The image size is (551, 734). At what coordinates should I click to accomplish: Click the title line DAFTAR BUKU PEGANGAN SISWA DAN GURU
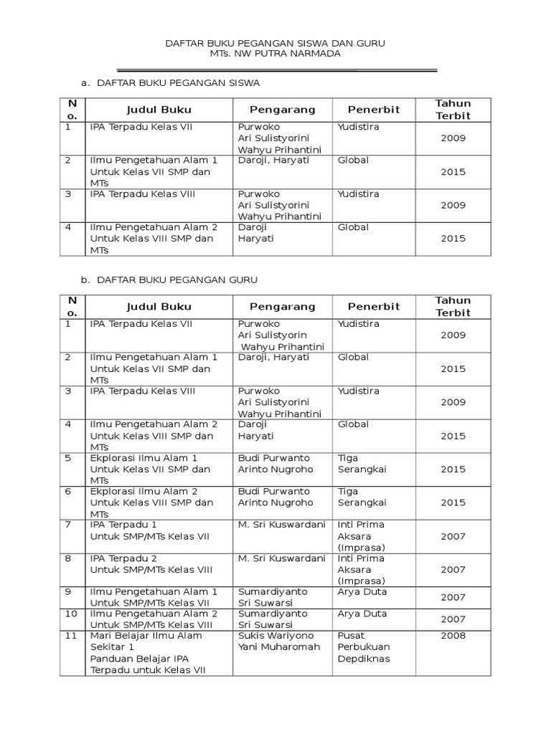point(275,44)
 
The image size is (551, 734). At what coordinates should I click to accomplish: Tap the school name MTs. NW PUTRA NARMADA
point(275,54)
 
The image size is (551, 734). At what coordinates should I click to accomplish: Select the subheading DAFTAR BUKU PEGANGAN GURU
point(176,279)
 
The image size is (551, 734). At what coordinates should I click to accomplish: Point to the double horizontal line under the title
point(276,70)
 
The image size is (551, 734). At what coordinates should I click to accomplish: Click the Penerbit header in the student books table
point(373,110)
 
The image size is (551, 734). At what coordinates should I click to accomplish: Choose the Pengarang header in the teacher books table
point(282,307)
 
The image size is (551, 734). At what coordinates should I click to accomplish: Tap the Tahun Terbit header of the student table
point(453,110)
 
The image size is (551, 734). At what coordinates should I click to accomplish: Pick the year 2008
point(453,636)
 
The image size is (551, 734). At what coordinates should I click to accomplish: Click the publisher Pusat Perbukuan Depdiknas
point(363,647)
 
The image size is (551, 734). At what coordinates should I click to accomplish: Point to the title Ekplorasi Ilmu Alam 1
point(143,457)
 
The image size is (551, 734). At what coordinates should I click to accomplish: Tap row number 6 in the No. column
point(68,491)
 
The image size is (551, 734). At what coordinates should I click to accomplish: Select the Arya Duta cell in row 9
point(362,592)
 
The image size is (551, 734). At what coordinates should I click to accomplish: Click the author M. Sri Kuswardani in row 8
point(281,558)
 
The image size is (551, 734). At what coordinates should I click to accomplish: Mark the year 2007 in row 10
point(453,619)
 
